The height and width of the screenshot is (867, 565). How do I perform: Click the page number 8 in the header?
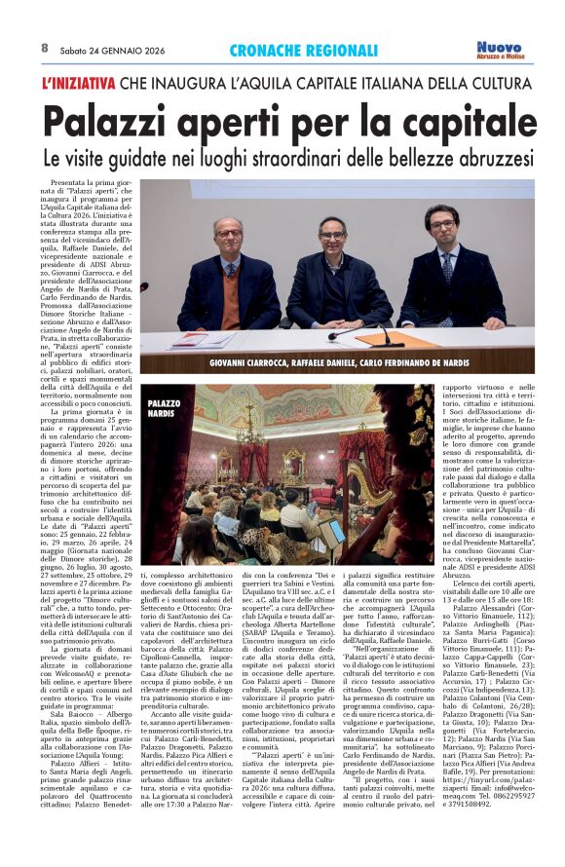click(45, 47)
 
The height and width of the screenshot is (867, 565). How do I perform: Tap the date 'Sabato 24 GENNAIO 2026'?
click(104, 48)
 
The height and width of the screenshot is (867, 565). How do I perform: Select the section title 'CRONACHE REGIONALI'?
click(303, 50)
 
